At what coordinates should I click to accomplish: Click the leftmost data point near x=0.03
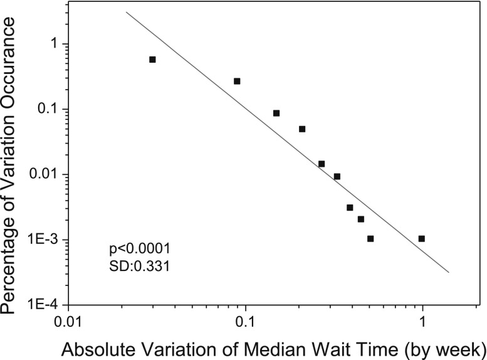click(x=152, y=60)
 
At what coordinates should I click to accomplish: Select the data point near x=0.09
click(x=237, y=81)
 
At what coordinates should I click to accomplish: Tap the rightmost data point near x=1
click(x=421, y=238)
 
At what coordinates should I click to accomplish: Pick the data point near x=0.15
click(x=276, y=113)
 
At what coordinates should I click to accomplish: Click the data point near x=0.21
click(x=302, y=129)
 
